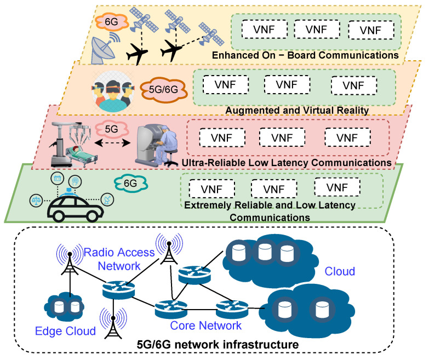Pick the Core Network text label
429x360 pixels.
point(205,325)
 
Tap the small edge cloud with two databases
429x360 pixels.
point(66,306)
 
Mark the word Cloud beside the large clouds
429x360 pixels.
point(340,271)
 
